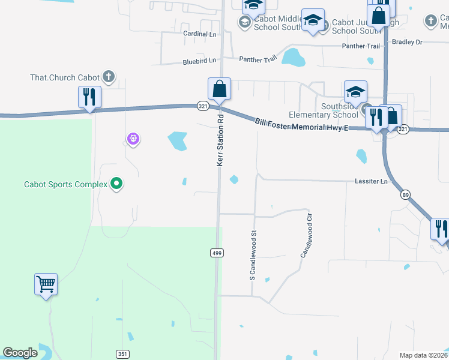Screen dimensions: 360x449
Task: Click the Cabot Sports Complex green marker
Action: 117,184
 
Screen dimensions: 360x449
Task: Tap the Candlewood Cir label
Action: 307,235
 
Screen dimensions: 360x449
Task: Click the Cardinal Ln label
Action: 199,34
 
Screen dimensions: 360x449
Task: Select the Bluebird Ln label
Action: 199,61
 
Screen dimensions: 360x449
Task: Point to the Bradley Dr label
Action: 407,42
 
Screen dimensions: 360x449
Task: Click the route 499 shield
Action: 217,253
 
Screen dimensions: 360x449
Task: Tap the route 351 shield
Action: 122,353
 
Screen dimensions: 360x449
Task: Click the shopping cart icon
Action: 46,283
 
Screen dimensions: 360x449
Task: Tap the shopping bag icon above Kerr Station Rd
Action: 220,89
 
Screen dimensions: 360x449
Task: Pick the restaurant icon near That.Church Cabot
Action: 89,97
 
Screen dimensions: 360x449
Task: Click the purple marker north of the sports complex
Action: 133,140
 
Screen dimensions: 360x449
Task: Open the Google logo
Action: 20,353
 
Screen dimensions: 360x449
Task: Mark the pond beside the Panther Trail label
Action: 294,58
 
